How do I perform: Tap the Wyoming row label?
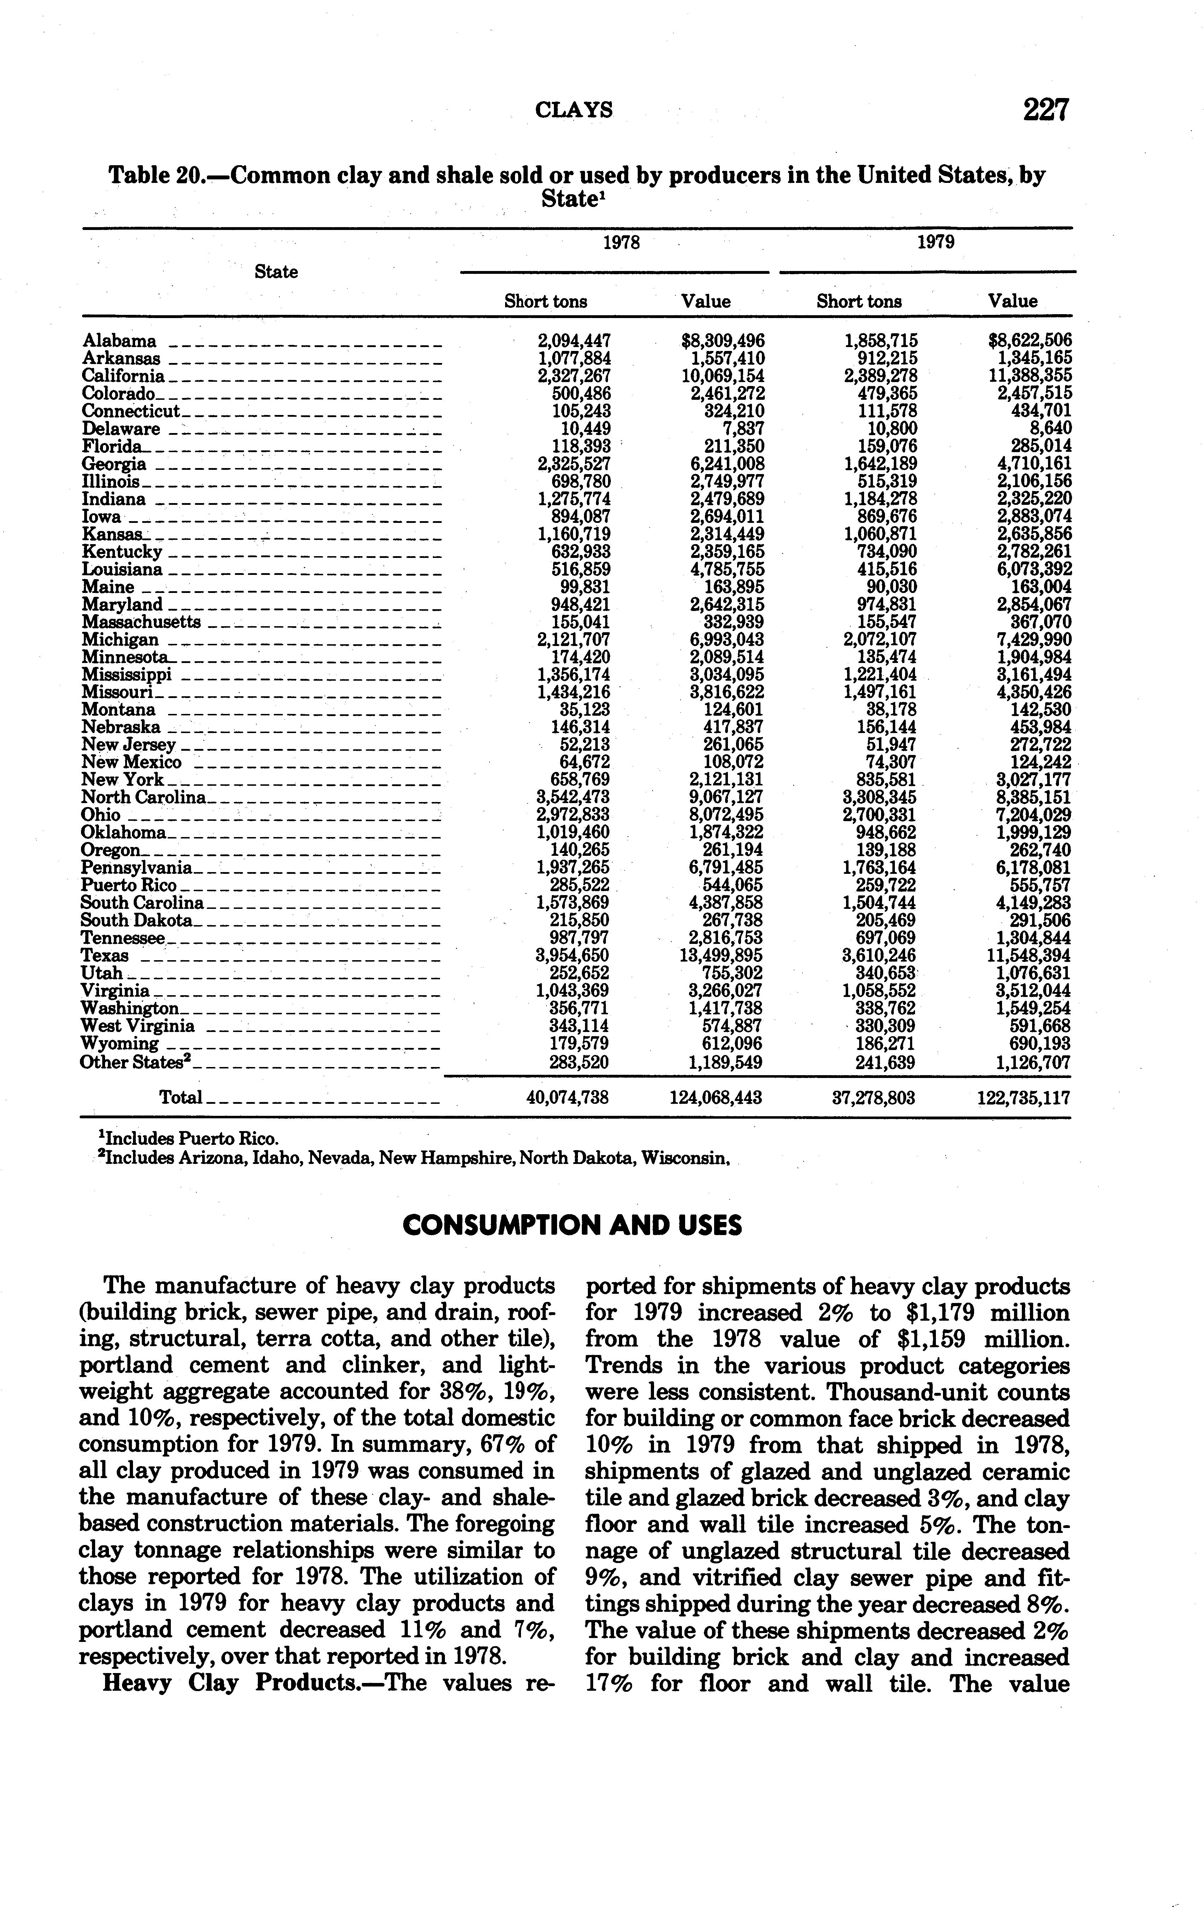[x=120, y=1043]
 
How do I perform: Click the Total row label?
[x=181, y=1097]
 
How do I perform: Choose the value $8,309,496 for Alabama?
[x=723, y=341]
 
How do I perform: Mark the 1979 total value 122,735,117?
[x=1023, y=1097]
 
